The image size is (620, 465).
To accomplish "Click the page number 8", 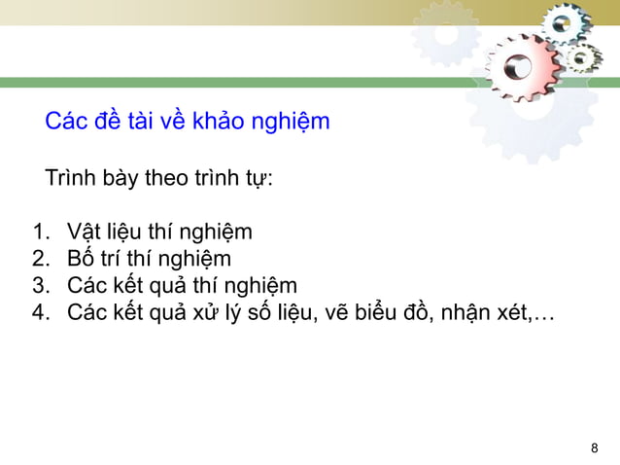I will click(595, 447).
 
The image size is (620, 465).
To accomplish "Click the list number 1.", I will click(40, 232).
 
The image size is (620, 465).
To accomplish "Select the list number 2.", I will click(40, 259).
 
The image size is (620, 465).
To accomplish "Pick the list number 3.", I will click(40, 286).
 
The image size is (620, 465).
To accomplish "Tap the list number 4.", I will click(40, 312).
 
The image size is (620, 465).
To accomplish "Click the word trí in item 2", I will click(115, 259).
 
